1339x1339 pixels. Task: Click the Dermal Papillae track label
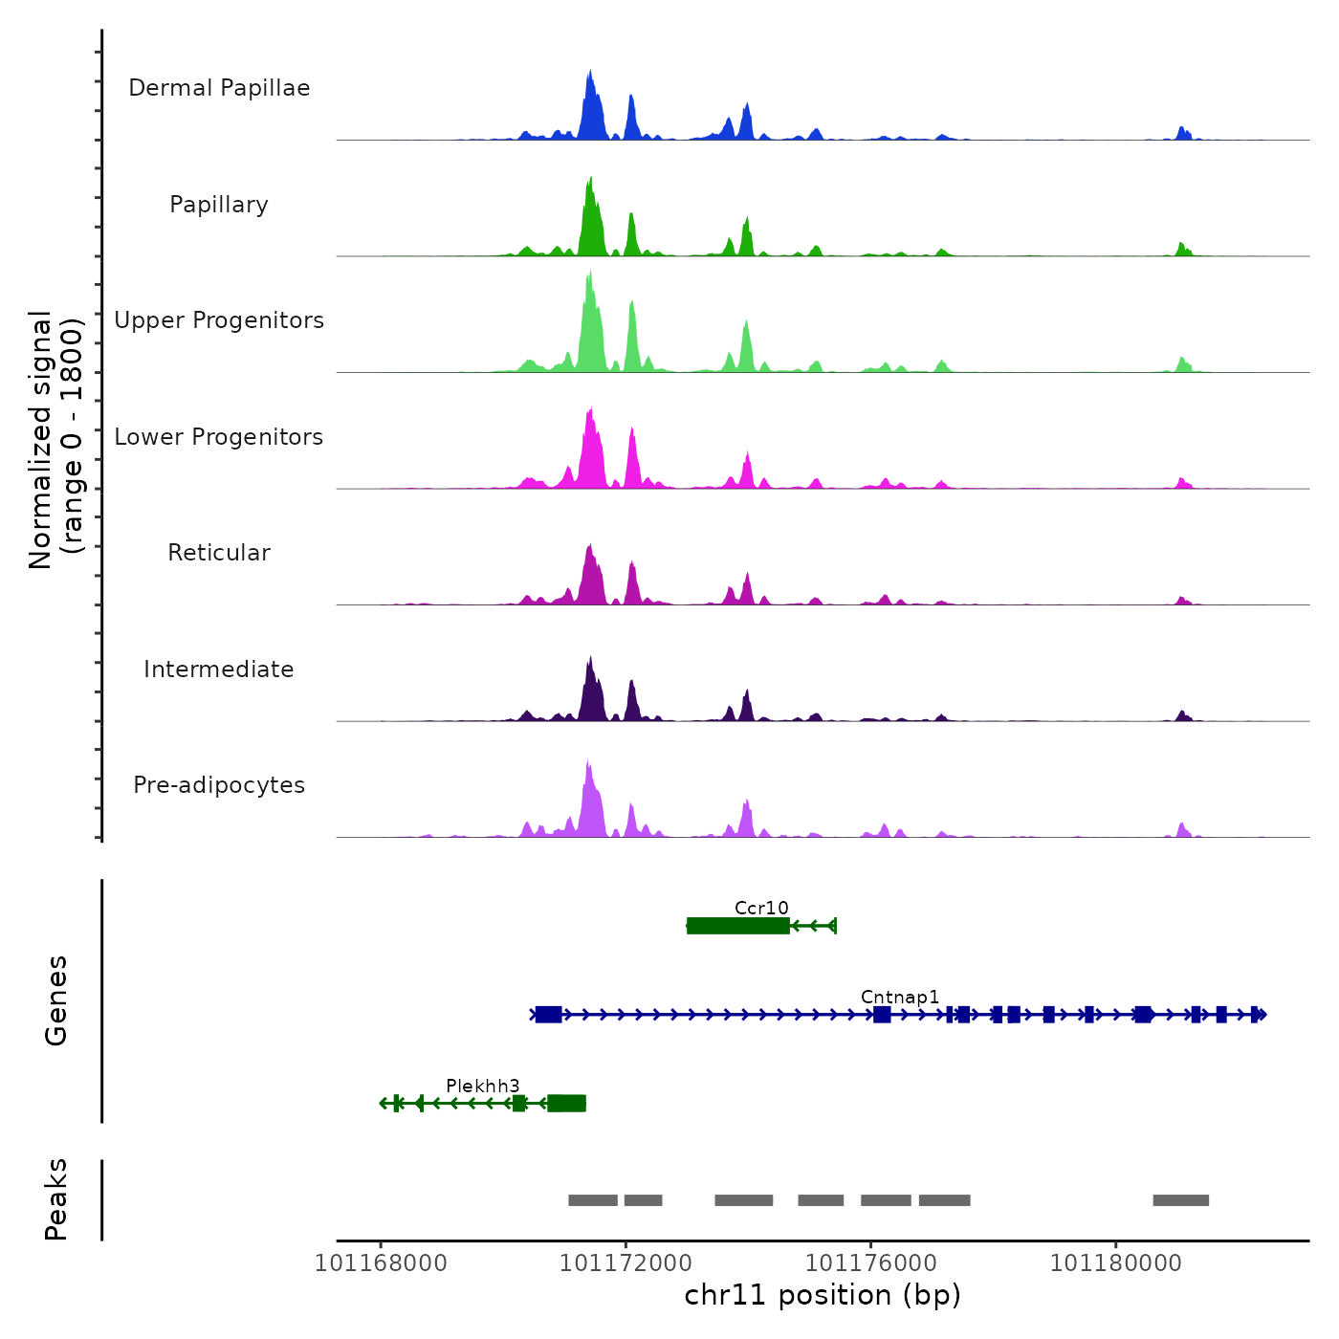click(219, 88)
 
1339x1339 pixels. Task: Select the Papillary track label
click(219, 205)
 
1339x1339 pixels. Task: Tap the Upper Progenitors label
click(219, 320)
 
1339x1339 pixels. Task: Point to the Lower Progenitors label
click(219, 437)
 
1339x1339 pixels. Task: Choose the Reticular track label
click(219, 553)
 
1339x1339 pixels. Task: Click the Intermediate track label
click(219, 669)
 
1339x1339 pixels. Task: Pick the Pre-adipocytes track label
click(219, 785)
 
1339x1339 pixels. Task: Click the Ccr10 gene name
click(761, 908)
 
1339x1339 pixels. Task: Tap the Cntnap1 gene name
click(900, 997)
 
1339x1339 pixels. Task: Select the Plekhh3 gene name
click(483, 1086)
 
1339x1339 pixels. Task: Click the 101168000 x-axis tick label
click(381, 1263)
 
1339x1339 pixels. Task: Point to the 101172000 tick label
click(626, 1263)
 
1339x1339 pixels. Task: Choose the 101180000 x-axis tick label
click(1115, 1263)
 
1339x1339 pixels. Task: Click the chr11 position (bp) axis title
click(823, 1295)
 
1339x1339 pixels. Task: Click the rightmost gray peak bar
click(1180, 1200)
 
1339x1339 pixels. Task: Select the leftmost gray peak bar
click(593, 1200)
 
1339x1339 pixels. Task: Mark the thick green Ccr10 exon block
click(738, 925)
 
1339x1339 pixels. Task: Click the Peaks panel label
click(56, 1199)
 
